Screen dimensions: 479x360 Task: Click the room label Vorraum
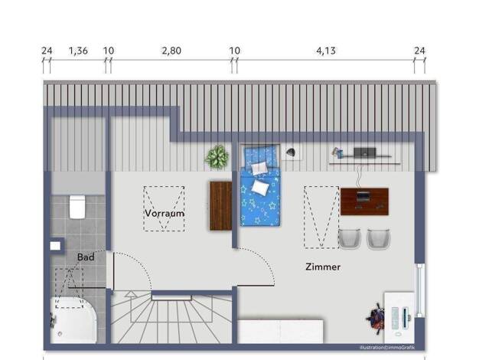point(165,213)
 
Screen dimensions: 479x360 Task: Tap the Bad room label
point(86,257)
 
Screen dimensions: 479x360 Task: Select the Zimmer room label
point(323,267)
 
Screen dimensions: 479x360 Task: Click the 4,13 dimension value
point(326,51)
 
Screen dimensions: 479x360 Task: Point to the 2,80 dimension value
point(171,51)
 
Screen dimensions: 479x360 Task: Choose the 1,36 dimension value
point(78,51)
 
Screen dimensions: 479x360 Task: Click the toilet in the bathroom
point(77,207)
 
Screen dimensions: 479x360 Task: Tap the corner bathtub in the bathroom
point(74,320)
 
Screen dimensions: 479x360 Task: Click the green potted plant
point(217,156)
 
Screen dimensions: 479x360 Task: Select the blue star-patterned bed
point(260,185)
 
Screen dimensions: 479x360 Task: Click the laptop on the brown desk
point(363,196)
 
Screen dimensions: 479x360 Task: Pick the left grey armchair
point(350,237)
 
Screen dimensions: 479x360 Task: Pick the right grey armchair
point(379,237)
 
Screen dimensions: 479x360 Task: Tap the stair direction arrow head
point(131,294)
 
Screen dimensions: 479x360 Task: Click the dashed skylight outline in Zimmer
point(321,217)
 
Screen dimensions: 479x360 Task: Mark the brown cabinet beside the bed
point(220,205)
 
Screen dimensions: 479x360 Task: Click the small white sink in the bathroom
point(55,246)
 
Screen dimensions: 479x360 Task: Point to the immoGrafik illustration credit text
point(387,347)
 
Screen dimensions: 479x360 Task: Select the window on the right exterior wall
point(420,290)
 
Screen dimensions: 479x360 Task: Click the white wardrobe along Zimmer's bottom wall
point(280,332)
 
